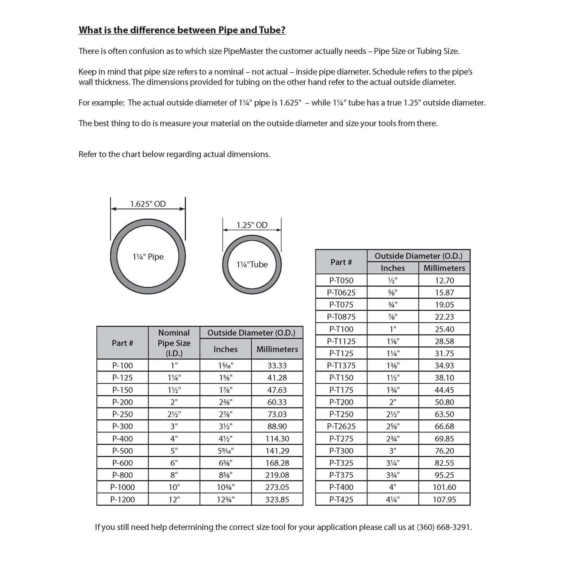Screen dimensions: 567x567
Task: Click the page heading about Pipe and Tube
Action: [x=182, y=30]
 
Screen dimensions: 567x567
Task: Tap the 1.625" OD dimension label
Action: [x=148, y=204]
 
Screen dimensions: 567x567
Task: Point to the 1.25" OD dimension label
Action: [x=252, y=225]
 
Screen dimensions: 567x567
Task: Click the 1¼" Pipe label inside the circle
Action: [x=148, y=257]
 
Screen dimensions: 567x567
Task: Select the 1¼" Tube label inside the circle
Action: [x=252, y=265]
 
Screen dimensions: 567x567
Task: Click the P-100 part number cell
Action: [x=122, y=366]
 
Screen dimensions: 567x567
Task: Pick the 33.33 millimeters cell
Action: [x=277, y=366]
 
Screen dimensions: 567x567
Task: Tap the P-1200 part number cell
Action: [x=122, y=499]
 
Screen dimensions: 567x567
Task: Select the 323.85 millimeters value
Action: [x=277, y=499]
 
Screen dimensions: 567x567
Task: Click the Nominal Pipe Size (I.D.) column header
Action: [x=174, y=343]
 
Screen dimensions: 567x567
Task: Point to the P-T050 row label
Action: [x=341, y=280]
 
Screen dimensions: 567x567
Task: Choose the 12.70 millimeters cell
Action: [x=444, y=280]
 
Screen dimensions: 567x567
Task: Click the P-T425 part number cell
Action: [x=341, y=499]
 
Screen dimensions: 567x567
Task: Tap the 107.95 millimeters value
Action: [x=444, y=499]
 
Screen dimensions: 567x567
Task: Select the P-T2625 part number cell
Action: [x=341, y=426]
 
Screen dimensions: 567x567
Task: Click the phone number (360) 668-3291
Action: [x=444, y=527]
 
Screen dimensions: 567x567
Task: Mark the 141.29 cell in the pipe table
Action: [x=277, y=451]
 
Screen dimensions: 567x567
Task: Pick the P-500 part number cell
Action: [x=122, y=451]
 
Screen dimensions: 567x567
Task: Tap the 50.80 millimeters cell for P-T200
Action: [x=444, y=402]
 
